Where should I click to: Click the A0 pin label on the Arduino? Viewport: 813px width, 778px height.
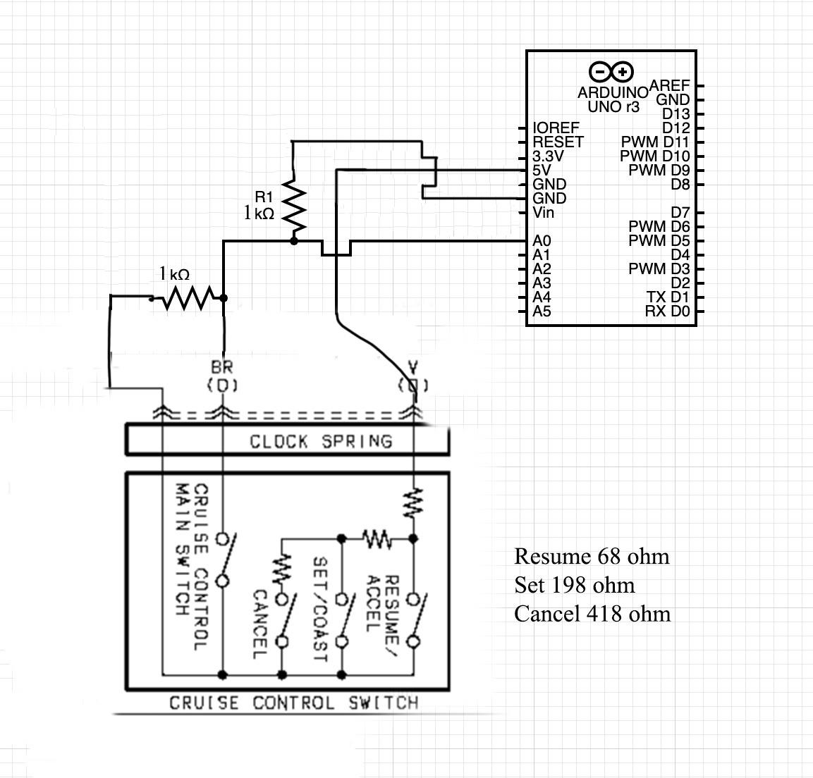542,241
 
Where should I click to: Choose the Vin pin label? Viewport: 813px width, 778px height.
543,213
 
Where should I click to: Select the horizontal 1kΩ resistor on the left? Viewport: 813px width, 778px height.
188,298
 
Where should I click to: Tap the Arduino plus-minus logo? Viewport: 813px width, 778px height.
611,71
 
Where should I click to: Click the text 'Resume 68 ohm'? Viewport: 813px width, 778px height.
591,557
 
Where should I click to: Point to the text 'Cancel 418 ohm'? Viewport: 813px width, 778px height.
592,614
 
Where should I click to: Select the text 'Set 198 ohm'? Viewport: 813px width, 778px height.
574,586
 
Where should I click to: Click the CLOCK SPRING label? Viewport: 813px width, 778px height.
320,442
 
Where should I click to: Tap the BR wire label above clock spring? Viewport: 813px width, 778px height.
221,368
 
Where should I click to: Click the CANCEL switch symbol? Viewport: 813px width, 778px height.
285,620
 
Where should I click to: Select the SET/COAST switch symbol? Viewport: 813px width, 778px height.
345,620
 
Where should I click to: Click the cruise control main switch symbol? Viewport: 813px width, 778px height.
225,560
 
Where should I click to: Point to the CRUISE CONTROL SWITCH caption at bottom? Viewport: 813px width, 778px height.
293,703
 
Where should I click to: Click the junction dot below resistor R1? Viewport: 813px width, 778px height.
294,241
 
